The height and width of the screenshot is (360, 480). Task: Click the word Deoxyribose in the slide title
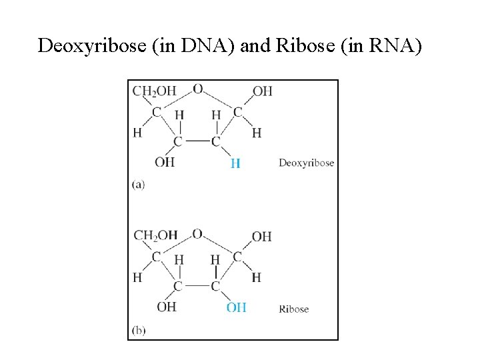(84, 46)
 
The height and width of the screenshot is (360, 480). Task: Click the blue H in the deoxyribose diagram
(235, 163)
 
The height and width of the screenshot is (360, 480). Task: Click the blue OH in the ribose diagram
(236, 307)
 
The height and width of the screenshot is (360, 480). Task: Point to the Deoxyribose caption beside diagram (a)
(306, 163)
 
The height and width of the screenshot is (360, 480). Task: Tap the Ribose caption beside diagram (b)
(293, 309)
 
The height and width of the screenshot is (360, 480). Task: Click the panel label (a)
(138, 185)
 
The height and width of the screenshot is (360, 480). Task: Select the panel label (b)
(139, 329)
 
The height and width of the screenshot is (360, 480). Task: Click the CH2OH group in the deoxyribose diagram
(155, 91)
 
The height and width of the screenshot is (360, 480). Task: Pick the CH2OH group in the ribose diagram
(155, 235)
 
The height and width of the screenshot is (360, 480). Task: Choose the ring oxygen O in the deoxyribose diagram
(197, 89)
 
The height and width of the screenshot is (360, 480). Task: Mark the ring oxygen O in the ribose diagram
(197, 233)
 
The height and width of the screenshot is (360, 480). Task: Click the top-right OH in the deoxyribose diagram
(262, 91)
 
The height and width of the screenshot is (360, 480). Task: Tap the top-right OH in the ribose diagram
(261, 236)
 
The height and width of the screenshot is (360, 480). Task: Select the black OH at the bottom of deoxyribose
(165, 162)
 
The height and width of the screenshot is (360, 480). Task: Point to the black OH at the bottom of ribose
(166, 307)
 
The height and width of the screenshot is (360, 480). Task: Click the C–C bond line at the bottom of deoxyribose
(197, 141)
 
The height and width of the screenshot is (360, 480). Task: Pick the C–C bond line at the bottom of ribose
(197, 286)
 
